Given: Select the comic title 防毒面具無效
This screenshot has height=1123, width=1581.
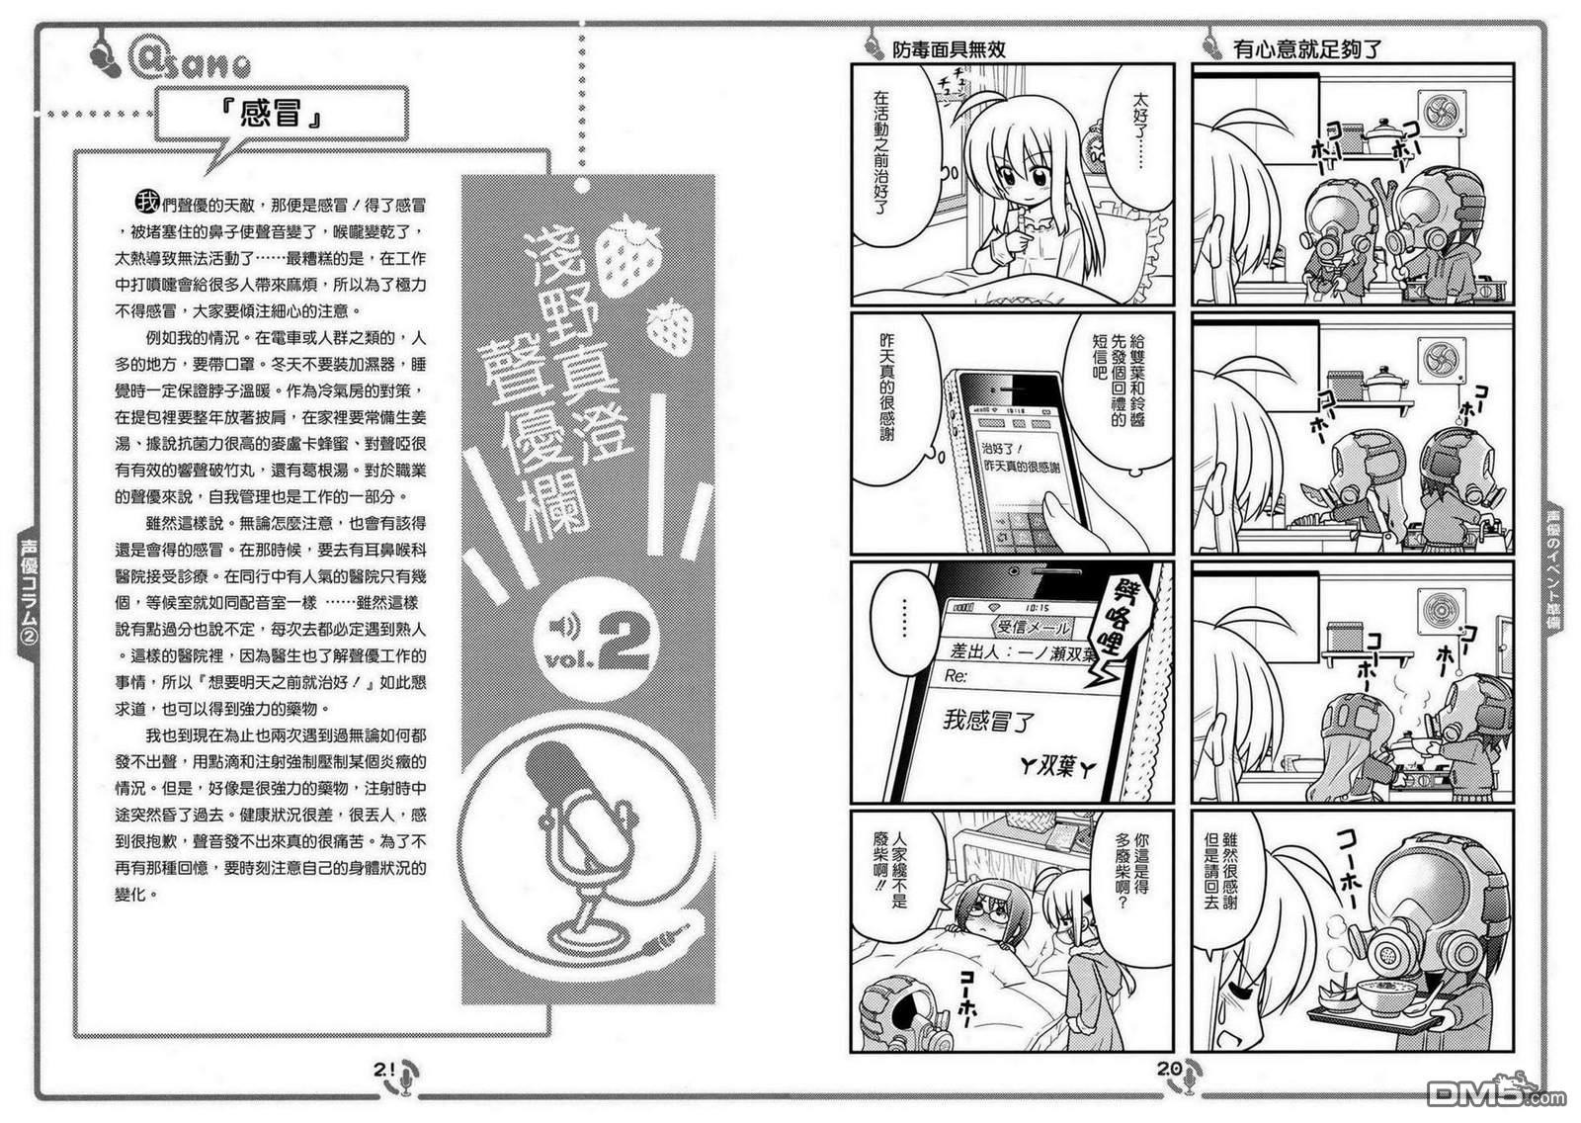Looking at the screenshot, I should coord(949,49).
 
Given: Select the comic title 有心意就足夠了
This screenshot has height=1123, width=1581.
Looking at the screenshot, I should coord(1306,49).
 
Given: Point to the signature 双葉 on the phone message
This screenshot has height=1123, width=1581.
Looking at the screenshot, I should coord(1056,766).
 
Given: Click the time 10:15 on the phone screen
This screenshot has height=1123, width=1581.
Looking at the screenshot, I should coord(1037,607).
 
